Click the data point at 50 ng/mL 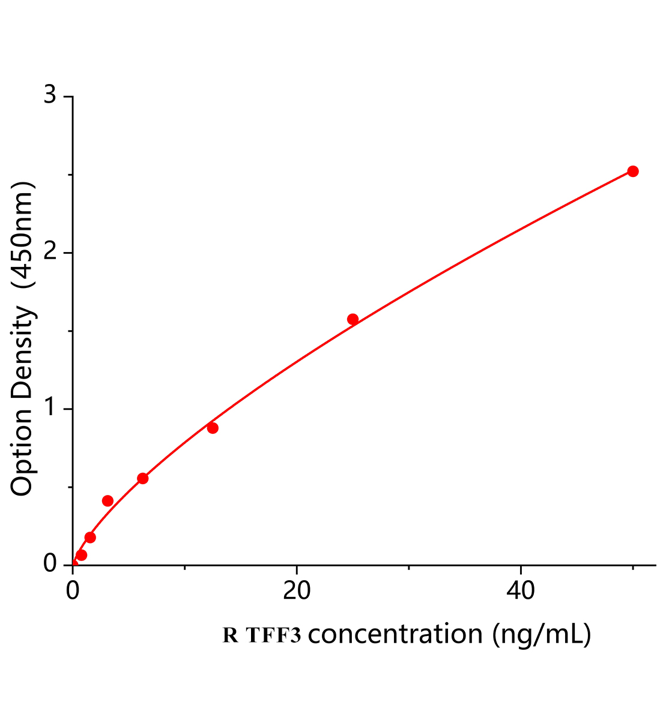click(632, 172)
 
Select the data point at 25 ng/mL click(353, 319)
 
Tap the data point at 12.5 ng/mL click(213, 428)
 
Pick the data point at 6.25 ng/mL click(142, 478)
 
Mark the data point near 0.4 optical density click(107, 501)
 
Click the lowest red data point click(82, 555)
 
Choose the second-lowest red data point click(90, 537)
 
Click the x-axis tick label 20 click(297, 591)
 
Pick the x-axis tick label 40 click(520, 591)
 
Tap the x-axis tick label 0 click(73, 591)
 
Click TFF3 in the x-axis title click(273, 635)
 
